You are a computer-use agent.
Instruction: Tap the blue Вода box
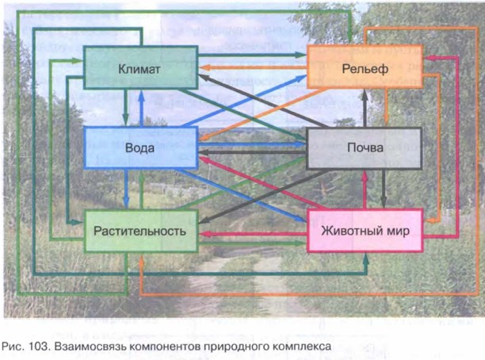pos(139,148)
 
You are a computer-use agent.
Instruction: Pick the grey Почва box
pos(364,148)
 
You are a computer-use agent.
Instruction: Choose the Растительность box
pos(139,231)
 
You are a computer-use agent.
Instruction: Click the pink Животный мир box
pos(364,231)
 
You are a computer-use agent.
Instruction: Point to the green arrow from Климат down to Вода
pos(126,108)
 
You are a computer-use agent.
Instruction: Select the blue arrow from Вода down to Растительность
pos(126,190)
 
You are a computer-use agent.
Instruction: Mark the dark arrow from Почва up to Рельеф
pos(365,108)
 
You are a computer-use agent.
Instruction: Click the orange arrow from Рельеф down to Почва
pos(384,108)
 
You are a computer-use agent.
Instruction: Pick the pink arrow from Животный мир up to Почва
pos(365,190)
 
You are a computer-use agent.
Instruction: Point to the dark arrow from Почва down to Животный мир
pos(384,190)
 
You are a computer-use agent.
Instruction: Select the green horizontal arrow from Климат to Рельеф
pos(252,55)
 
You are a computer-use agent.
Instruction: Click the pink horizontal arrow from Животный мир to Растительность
pos(252,234)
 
